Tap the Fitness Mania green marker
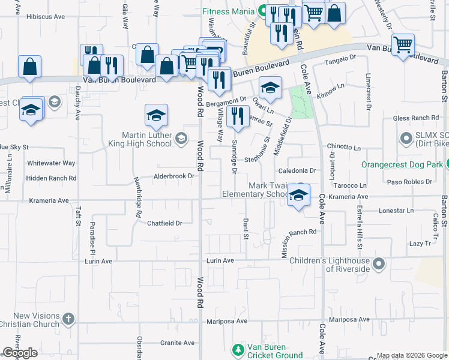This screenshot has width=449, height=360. [x=262, y=10]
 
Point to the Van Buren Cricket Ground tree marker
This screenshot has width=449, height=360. [x=239, y=349]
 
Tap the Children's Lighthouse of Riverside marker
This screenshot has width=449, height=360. [x=379, y=263]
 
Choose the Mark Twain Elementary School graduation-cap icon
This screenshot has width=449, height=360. [x=298, y=194]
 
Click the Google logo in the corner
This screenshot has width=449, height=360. [x=20, y=353]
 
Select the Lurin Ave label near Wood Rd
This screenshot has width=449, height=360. [x=220, y=260]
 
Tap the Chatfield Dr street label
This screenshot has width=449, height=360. [x=164, y=223]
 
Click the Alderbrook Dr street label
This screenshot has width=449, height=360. [x=174, y=176]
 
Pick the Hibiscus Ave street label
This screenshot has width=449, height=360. [x=46, y=17]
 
